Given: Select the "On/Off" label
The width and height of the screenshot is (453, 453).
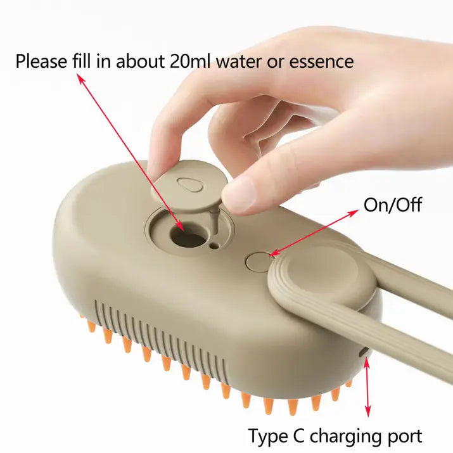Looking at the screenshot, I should pos(392,205).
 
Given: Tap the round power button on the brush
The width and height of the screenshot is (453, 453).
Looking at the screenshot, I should pos(257,260).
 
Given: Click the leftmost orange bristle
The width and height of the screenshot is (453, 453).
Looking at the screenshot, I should pos(91,326).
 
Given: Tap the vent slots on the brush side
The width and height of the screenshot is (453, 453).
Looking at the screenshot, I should pos(158,336).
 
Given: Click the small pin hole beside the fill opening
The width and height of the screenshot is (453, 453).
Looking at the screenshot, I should pos(216,245).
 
